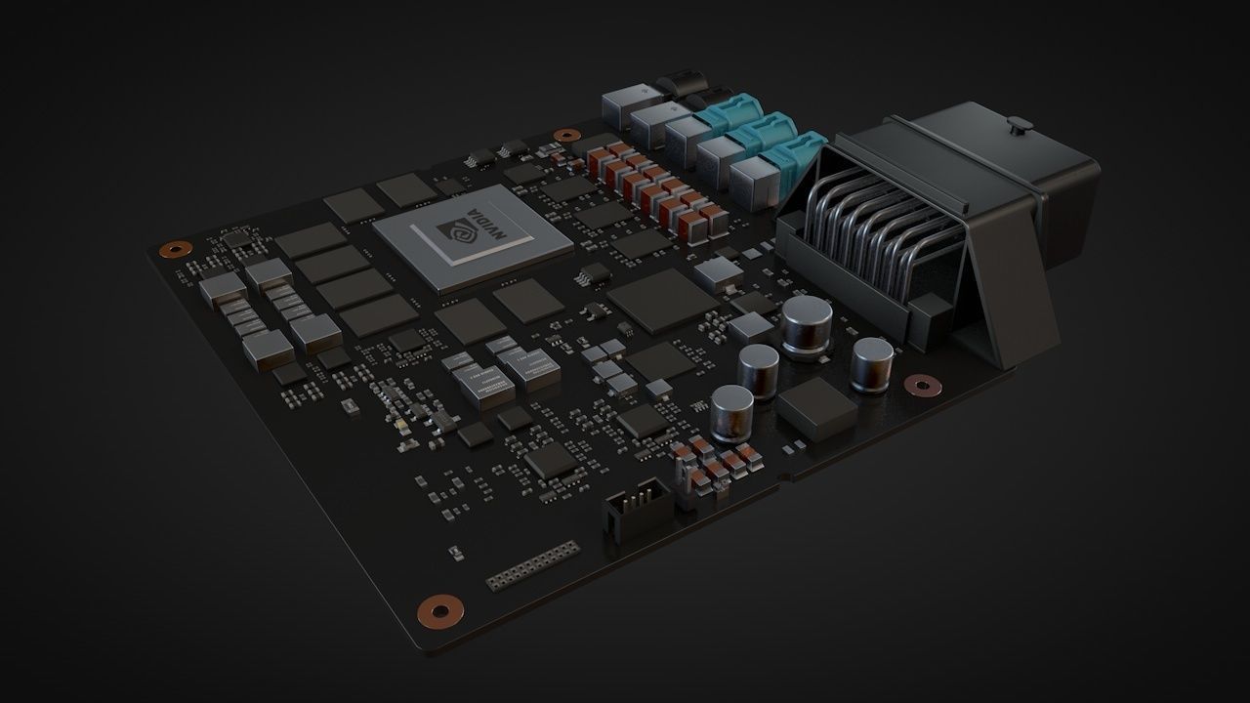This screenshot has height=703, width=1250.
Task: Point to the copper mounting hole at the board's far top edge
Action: pos(565,136)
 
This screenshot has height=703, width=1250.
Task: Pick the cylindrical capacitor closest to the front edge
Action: pos(731,410)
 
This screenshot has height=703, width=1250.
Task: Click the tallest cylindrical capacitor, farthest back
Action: pos(807,325)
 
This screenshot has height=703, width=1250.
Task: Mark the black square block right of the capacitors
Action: pos(816,408)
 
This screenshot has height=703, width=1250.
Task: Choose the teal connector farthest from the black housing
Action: pos(723,106)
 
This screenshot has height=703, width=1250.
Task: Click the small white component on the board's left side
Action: pos(347,404)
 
